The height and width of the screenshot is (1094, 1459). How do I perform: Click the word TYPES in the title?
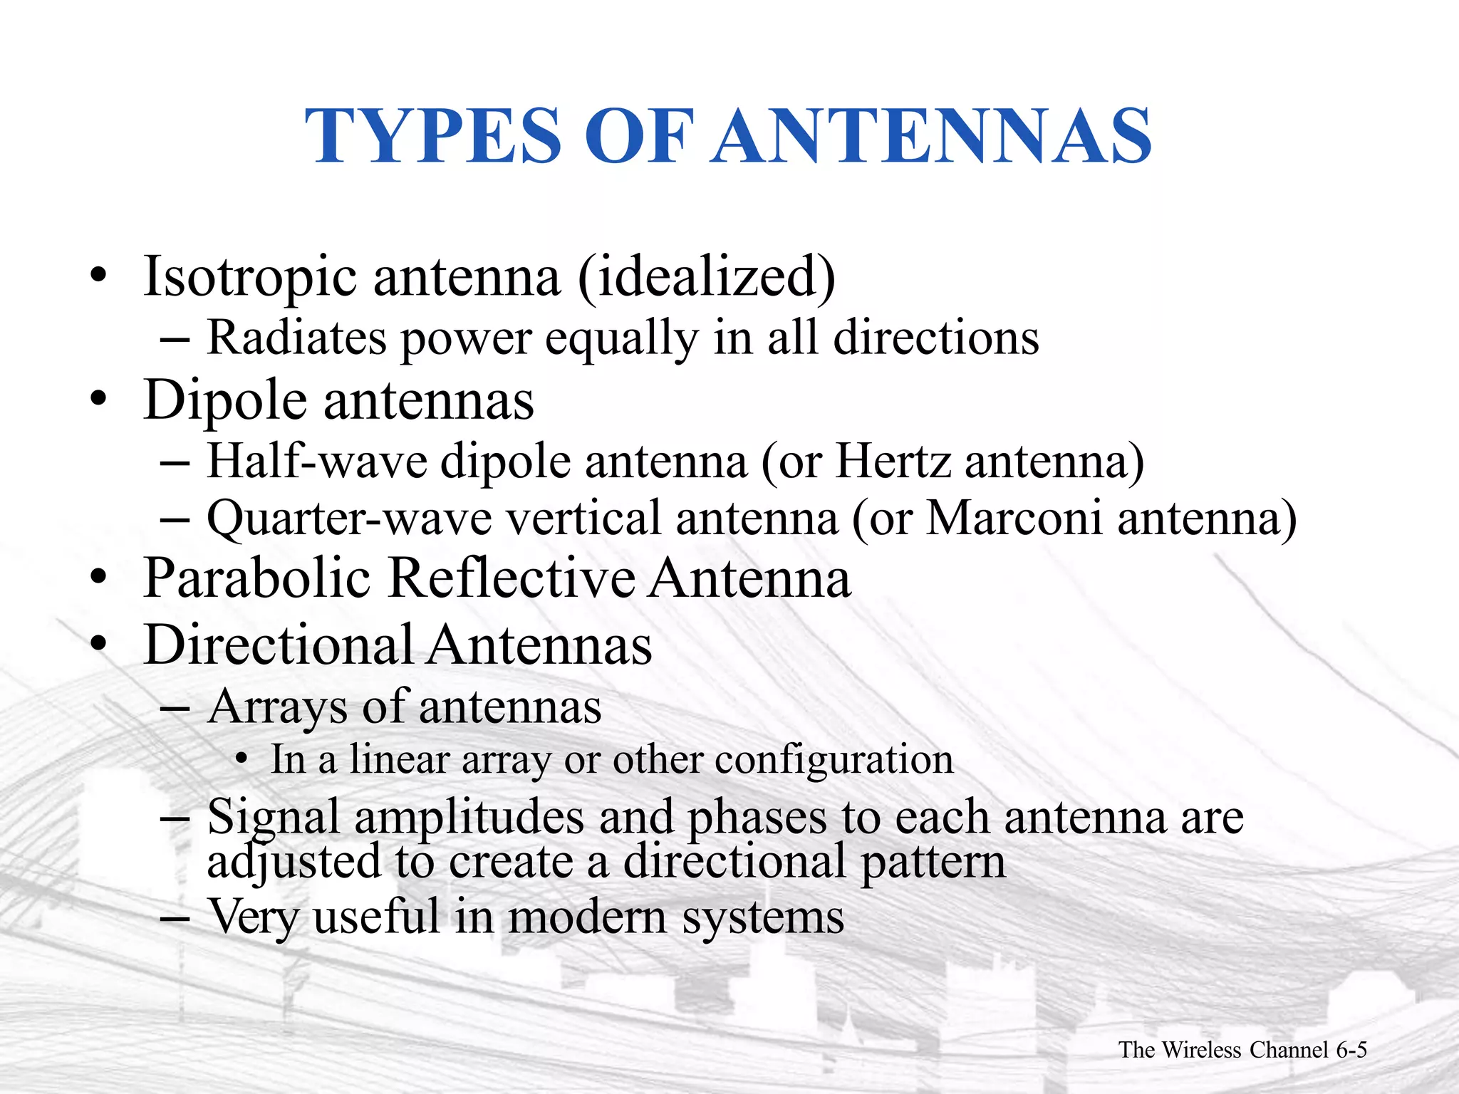click(433, 136)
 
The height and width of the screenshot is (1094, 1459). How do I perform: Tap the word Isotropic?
click(250, 277)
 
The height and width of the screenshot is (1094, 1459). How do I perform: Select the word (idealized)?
click(706, 277)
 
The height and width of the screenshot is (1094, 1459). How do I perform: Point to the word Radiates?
click(297, 337)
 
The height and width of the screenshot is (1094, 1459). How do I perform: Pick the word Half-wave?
click(316, 462)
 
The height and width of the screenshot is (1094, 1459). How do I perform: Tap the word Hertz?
click(893, 462)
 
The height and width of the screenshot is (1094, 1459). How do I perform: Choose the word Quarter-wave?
click(349, 519)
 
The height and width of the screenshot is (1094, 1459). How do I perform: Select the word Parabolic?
click(257, 578)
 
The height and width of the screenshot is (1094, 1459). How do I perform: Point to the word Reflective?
click(512, 578)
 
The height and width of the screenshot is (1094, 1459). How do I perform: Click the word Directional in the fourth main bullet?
click(279, 645)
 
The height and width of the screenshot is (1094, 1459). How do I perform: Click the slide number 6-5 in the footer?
click(1351, 1050)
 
